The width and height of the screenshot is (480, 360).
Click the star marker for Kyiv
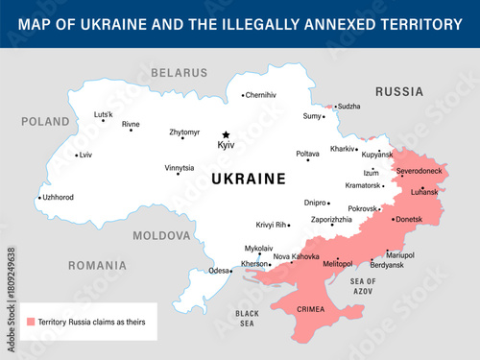click(x=227, y=135)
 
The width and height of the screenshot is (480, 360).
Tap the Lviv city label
click(x=86, y=155)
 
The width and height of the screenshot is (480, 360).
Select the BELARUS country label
click(x=179, y=73)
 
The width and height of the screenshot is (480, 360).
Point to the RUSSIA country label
click(x=398, y=92)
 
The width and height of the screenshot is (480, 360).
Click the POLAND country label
click(x=46, y=122)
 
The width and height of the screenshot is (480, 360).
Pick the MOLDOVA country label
click(x=161, y=235)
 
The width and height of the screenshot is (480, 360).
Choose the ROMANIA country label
click(x=96, y=264)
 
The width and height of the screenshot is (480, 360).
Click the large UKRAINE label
click(x=235, y=179)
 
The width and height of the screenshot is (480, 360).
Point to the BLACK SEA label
click(x=248, y=319)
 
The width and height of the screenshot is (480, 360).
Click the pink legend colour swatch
click(x=31, y=322)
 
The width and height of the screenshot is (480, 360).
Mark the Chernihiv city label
click(x=260, y=95)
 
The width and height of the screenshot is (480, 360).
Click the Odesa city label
click(x=219, y=271)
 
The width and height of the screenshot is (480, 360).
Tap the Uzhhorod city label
click(x=59, y=198)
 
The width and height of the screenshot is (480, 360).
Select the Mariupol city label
click(x=399, y=254)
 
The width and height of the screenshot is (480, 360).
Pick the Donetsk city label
click(x=409, y=220)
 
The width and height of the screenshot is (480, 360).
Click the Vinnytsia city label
click(x=179, y=168)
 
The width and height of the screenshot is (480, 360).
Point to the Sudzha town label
click(x=348, y=107)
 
